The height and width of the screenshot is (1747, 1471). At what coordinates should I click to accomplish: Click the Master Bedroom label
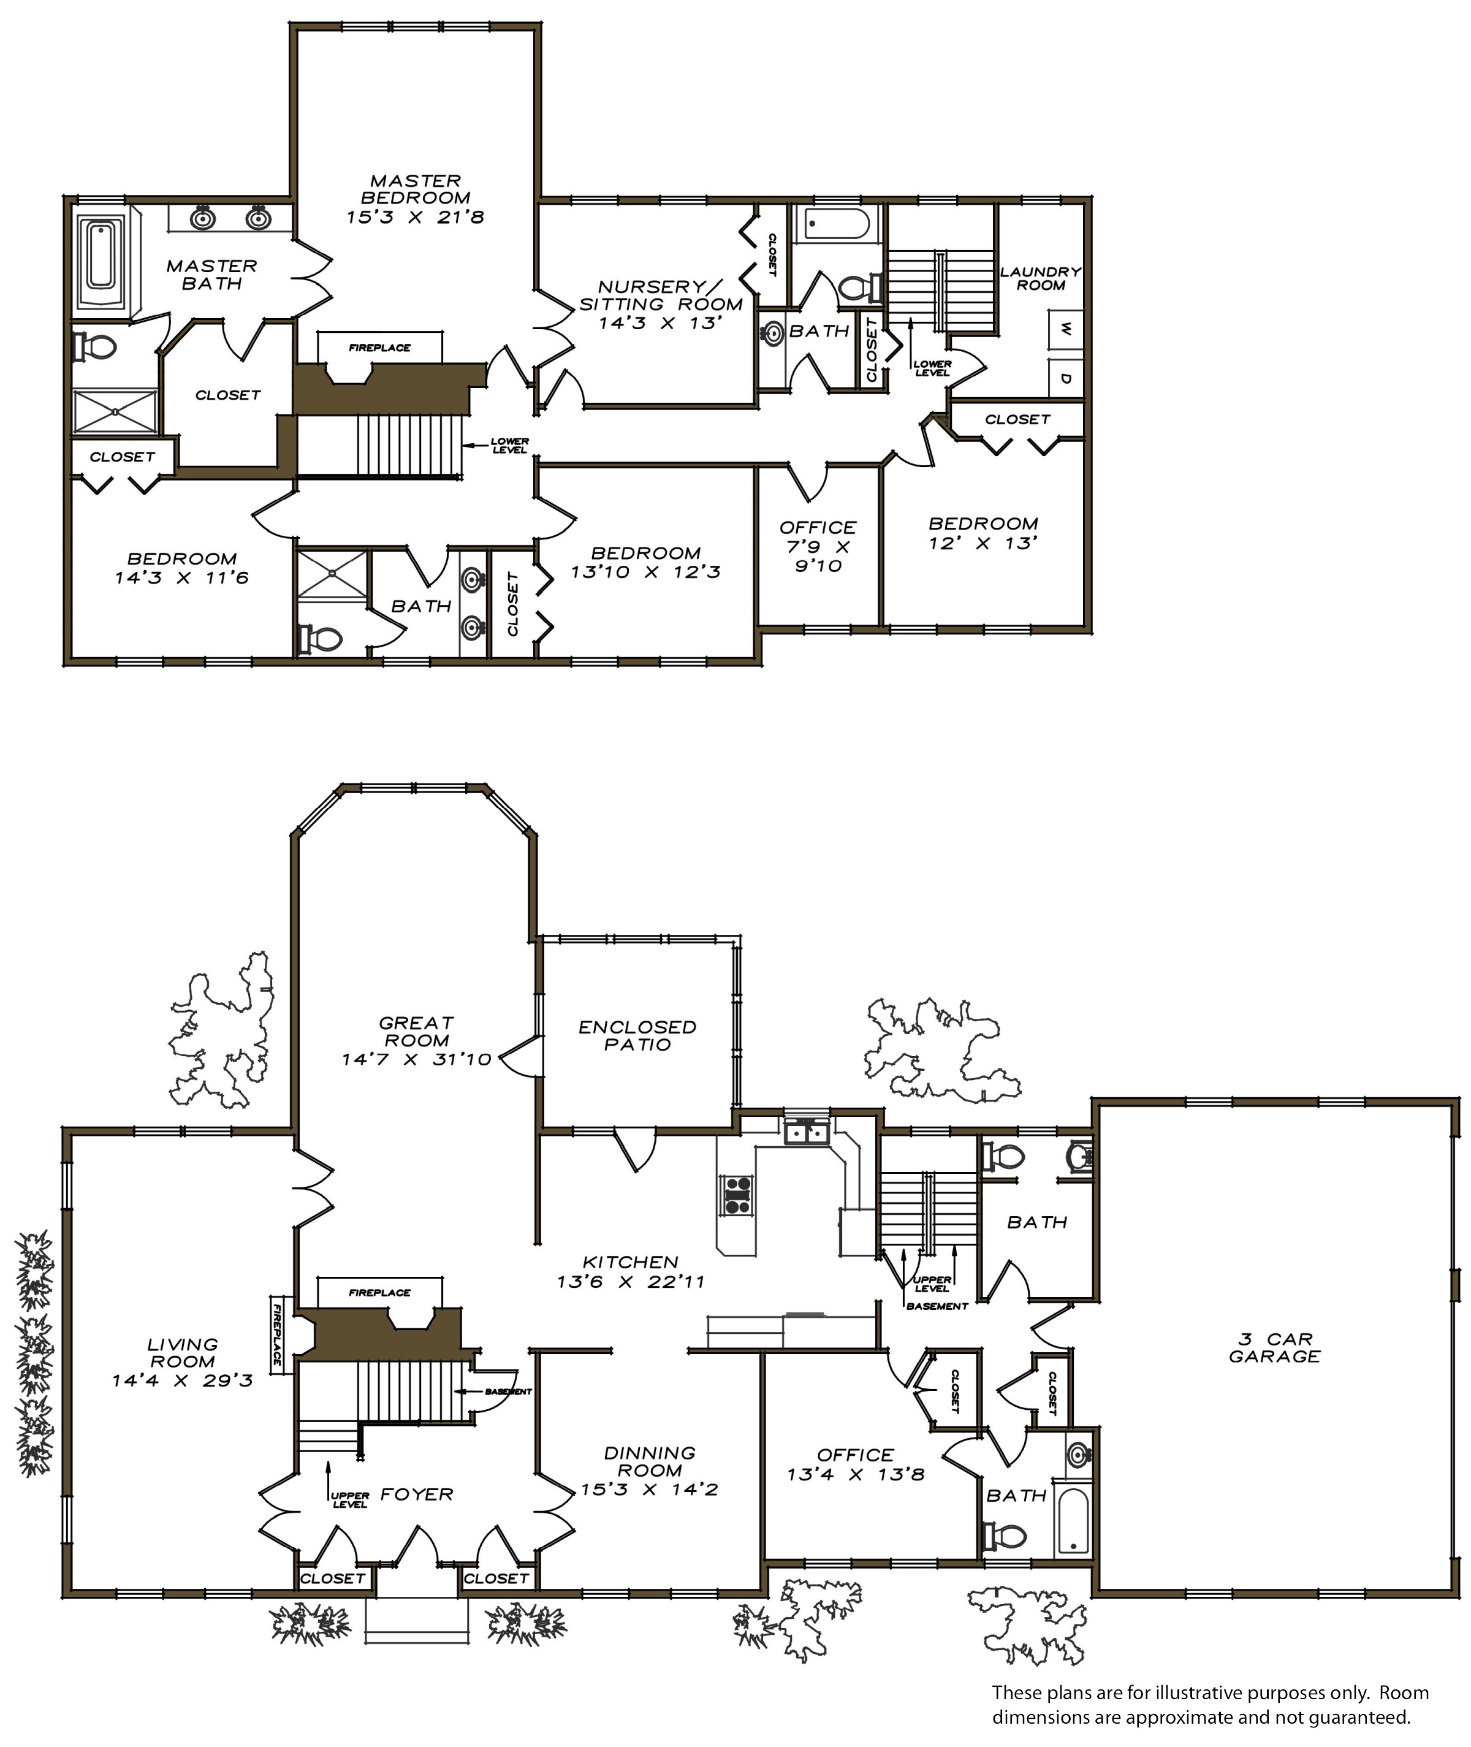pyautogui.click(x=416, y=189)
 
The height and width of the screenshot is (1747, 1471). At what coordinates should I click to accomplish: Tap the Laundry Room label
pyautogui.click(x=1041, y=278)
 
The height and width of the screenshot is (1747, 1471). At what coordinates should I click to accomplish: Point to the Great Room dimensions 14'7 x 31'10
pyautogui.click(x=416, y=1060)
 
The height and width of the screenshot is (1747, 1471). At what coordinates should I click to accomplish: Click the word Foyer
pyautogui.click(x=417, y=1494)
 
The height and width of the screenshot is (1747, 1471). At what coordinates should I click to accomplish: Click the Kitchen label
pyautogui.click(x=631, y=1262)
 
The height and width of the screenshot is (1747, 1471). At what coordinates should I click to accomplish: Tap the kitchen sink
pyautogui.click(x=807, y=1132)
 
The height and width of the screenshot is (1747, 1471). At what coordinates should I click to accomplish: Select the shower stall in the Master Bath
pyautogui.click(x=115, y=411)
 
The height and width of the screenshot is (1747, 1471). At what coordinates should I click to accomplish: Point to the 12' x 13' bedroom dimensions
pyautogui.click(x=983, y=543)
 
